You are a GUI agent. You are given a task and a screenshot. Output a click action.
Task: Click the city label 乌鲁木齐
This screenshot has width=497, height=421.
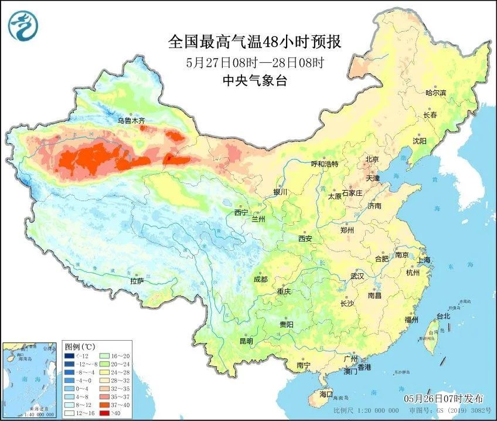(130, 121)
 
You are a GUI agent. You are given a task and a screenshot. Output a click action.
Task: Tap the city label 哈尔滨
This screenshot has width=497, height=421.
(435, 93)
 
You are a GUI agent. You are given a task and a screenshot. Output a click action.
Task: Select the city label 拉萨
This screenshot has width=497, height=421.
(137, 281)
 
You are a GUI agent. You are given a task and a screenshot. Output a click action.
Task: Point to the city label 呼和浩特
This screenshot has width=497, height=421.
(324, 164)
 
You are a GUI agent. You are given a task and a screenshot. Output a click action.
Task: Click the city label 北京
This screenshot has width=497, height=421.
(372, 159)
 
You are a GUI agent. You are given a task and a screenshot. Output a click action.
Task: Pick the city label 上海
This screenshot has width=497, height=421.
(424, 260)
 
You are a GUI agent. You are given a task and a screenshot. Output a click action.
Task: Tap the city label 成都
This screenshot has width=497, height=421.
(261, 279)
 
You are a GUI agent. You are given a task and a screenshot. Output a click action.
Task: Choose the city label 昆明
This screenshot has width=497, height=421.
(246, 341)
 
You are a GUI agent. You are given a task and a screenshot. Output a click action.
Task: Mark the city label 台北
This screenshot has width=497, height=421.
(443, 316)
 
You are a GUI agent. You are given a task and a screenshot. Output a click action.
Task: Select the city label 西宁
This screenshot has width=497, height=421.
(241, 212)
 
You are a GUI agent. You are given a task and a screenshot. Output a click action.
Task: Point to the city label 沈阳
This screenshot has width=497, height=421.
(420, 141)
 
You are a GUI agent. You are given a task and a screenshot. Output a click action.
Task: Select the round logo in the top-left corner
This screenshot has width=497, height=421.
(22, 24)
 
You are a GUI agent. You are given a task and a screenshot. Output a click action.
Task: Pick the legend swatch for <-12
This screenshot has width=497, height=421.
(70, 355)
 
